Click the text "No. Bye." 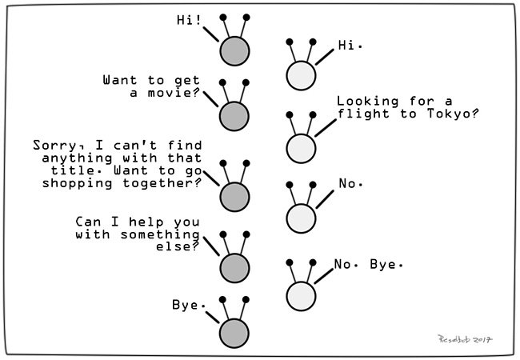tap(369, 263)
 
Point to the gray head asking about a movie tap(235, 114)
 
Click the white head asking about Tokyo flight tap(300, 148)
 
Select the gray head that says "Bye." tap(235, 331)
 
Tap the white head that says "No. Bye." tap(300, 295)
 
